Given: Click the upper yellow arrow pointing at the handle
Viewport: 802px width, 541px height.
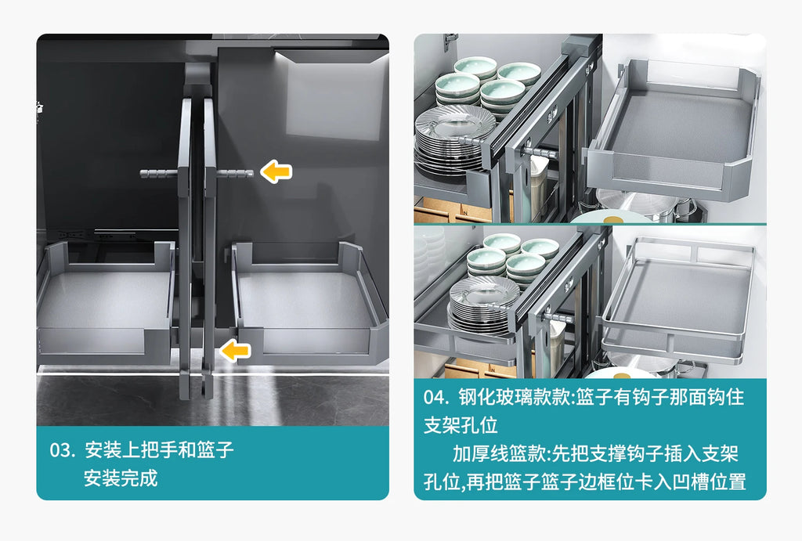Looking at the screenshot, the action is [x=276, y=171].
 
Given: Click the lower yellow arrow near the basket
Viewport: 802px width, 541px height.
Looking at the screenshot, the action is [x=235, y=350].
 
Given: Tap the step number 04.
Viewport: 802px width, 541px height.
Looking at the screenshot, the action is [x=436, y=397].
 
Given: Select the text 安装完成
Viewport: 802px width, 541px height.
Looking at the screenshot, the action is [x=121, y=478].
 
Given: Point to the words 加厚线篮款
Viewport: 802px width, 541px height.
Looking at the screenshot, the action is [x=499, y=453].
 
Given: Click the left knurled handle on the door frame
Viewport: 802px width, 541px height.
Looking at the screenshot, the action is [x=159, y=174].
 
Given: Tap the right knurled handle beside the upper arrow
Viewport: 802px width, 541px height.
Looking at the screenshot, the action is [x=235, y=173].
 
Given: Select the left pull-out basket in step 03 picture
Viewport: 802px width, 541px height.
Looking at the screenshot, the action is [x=106, y=302].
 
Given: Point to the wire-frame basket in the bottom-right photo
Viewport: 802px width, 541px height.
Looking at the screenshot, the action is [x=678, y=300].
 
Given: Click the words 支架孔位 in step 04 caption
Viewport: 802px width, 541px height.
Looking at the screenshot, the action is [x=461, y=425].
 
